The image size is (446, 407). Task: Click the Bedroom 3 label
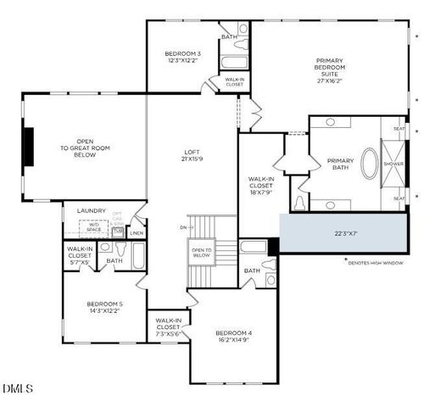182,58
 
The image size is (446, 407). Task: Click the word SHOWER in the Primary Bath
393,164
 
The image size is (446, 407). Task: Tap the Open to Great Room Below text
84,148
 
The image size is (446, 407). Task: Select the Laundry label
91,210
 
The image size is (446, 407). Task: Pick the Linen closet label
137,232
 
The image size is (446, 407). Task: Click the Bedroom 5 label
104,307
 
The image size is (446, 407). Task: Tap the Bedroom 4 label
233,337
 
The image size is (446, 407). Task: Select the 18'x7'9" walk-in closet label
259,185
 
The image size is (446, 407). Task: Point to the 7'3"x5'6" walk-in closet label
168,329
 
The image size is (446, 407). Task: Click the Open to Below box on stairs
202,252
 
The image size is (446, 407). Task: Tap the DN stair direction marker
182,227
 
